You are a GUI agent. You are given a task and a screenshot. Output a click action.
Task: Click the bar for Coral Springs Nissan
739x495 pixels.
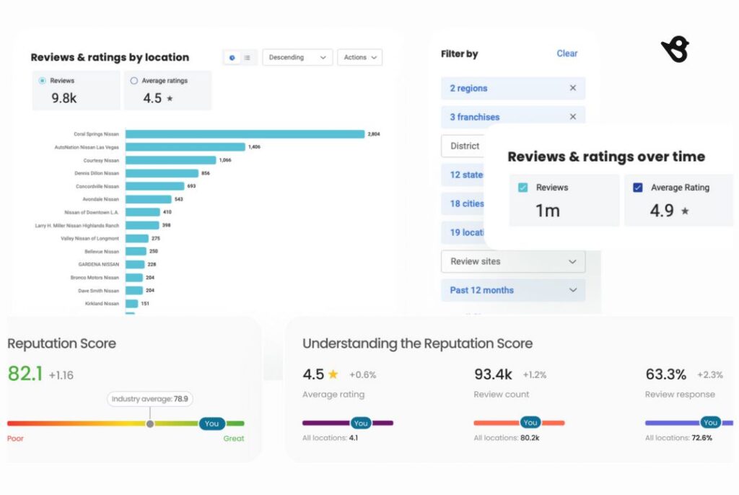tap(245, 133)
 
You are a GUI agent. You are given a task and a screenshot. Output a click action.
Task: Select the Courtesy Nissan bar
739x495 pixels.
tap(171, 160)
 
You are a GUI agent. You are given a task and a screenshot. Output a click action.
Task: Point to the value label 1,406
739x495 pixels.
tap(254, 147)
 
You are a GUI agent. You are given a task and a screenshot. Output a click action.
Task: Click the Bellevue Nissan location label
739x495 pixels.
tap(102, 251)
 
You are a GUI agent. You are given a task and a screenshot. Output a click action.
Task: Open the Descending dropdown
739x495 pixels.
tap(297, 58)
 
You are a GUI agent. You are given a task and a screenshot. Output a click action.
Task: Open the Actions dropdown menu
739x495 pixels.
tap(359, 58)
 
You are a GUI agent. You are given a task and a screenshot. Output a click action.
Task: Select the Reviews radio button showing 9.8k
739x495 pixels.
tap(42, 81)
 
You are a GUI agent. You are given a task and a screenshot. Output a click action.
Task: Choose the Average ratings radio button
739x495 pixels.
tap(134, 81)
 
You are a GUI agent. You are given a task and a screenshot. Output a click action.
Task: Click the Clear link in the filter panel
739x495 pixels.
tap(567, 53)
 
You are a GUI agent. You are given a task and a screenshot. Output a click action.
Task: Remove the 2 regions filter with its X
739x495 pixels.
tap(572, 88)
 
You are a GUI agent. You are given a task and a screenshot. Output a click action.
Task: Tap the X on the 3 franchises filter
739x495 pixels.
tap(572, 117)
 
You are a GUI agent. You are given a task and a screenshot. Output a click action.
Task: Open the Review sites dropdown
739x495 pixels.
tap(512, 261)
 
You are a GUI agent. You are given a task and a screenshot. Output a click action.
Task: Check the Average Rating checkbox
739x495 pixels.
tap(637, 188)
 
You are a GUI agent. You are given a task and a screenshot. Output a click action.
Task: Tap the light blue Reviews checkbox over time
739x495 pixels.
tap(523, 188)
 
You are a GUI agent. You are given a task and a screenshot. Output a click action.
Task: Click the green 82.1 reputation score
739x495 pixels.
tap(25, 374)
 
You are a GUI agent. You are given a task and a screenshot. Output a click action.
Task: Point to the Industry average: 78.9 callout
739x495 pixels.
tap(152, 398)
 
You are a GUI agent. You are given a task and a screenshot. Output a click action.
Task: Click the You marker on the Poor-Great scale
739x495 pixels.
tap(211, 424)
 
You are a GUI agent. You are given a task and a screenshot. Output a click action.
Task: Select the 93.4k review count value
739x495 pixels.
tap(493, 374)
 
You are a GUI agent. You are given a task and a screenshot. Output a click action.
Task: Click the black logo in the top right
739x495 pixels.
tap(675, 51)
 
